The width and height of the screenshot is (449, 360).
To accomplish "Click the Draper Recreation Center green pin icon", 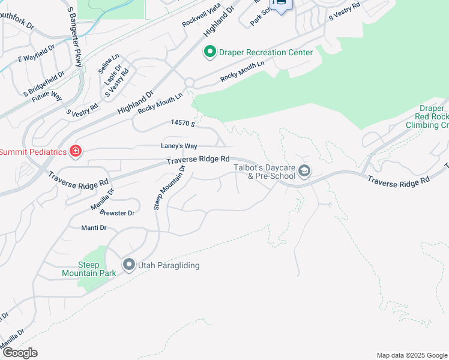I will click(x=209, y=52).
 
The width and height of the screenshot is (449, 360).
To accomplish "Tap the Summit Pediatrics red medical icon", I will click(x=76, y=151).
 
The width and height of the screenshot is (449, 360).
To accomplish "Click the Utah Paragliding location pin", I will click(x=128, y=265).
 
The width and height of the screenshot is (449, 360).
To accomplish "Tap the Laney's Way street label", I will click(x=179, y=146).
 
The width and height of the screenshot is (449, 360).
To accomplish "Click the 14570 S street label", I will click(x=184, y=123).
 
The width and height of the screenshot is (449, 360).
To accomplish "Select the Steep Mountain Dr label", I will click(x=170, y=187).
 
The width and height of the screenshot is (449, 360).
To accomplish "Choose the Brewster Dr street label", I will click(x=117, y=213).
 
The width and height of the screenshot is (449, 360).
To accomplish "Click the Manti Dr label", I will click(x=94, y=228).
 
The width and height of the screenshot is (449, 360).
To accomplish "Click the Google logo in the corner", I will click(x=20, y=353).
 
